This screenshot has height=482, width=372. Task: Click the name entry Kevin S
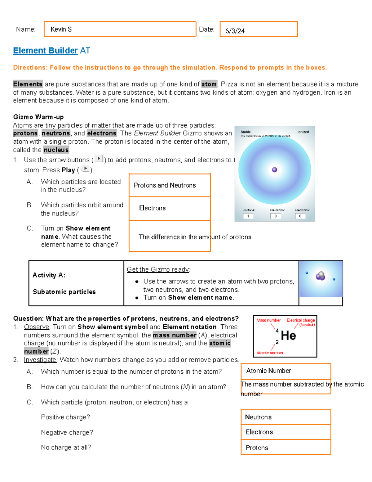pos(61,29)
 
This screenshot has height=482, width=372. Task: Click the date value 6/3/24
pos(235,31)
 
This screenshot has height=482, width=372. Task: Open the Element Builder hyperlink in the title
pos(45,51)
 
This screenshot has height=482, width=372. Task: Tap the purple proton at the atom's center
pos(274,169)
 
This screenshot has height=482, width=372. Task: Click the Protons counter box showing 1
pos(248,216)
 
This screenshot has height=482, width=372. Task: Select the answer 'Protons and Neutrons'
pos(165,185)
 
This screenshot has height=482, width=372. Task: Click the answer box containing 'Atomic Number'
pos(268,371)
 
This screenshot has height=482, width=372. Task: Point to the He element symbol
pos(288,336)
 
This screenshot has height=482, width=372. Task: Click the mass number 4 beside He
pos(277,331)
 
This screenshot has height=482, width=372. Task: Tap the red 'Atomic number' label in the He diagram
pos(270,353)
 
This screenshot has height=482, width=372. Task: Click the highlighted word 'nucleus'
pos(56,150)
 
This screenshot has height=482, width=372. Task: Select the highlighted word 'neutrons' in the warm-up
pos(56,133)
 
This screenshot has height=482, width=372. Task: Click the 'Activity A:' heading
pos(49,275)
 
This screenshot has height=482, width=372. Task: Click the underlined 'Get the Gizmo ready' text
pos(158,269)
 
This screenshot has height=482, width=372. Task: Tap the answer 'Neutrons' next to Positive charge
pos(258,417)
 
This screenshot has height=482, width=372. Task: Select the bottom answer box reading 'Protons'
pos(257,448)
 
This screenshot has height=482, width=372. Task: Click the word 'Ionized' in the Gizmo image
pos(303,132)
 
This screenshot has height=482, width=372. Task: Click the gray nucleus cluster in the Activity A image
pos(321,276)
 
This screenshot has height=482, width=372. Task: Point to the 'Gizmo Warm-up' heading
pos(38,117)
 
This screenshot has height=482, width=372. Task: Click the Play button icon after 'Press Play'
pos(85,169)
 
